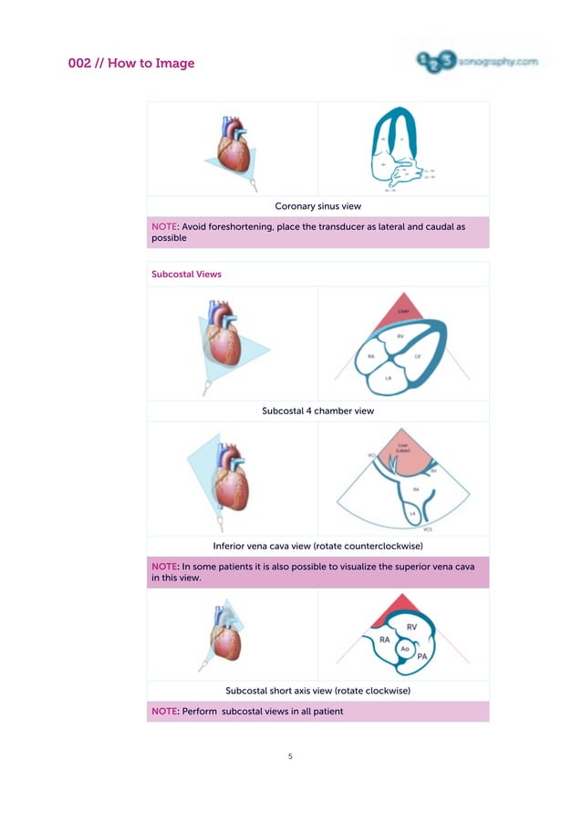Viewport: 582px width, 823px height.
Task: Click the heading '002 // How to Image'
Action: (x=131, y=64)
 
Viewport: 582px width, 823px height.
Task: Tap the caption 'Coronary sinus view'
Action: (x=317, y=207)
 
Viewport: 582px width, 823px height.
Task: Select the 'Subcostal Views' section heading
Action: (x=186, y=274)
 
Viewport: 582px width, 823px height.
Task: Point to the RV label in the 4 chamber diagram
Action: (x=400, y=337)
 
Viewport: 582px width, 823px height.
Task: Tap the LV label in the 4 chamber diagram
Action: (x=418, y=356)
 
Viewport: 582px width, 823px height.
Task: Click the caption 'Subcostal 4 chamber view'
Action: (x=317, y=411)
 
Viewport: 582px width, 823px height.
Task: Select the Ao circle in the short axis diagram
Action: (x=405, y=648)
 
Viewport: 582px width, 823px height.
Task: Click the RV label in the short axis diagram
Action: (x=411, y=627)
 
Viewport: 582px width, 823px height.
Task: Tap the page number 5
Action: (x=290, y=755)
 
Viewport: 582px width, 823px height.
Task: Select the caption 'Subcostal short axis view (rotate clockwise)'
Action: (x=317, y=691)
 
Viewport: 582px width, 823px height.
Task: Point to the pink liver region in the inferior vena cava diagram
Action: (x=402, y=453)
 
